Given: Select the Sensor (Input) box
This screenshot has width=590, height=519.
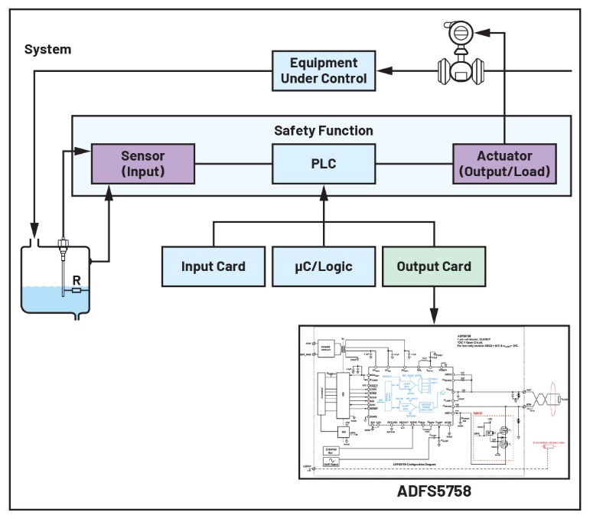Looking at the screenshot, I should [142, 162].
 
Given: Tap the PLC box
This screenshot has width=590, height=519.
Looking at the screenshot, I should [322, 162].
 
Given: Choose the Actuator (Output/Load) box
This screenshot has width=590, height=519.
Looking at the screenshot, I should [503, 162].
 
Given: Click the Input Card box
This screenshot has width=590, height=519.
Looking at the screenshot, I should [213, 266].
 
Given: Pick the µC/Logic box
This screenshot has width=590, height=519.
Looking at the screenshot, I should [322, 266].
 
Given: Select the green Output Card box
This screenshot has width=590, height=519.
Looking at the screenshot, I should [434, 266].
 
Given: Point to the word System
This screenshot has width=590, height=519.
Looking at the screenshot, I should [47, 50].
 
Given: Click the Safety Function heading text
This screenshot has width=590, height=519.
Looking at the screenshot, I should [323, 130].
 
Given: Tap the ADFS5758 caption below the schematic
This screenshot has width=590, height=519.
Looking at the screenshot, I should [433, 491].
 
